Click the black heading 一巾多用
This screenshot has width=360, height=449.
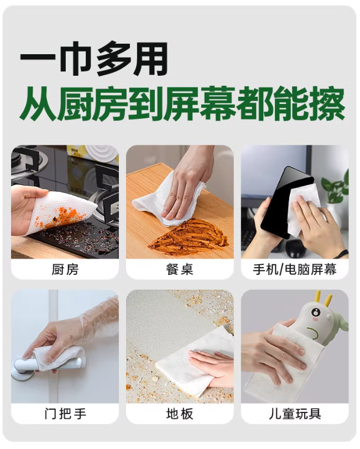[x=93, y=59]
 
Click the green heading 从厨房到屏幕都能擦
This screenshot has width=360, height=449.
[x=182, y=104]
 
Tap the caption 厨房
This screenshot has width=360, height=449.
[x=65, y=269]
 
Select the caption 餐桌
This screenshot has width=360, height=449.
[x=180, y=269]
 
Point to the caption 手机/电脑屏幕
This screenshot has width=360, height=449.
[x=295, y=269]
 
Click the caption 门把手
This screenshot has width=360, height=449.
[x=65, y=414]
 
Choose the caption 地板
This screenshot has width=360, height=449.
[x=180, y=414]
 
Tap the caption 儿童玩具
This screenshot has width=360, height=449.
[x=295, y=414]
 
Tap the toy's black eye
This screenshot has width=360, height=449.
[x=315, y=311]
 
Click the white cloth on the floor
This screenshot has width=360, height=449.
[x=195, y=361]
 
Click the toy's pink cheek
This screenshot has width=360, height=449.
[x=316, y=319]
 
